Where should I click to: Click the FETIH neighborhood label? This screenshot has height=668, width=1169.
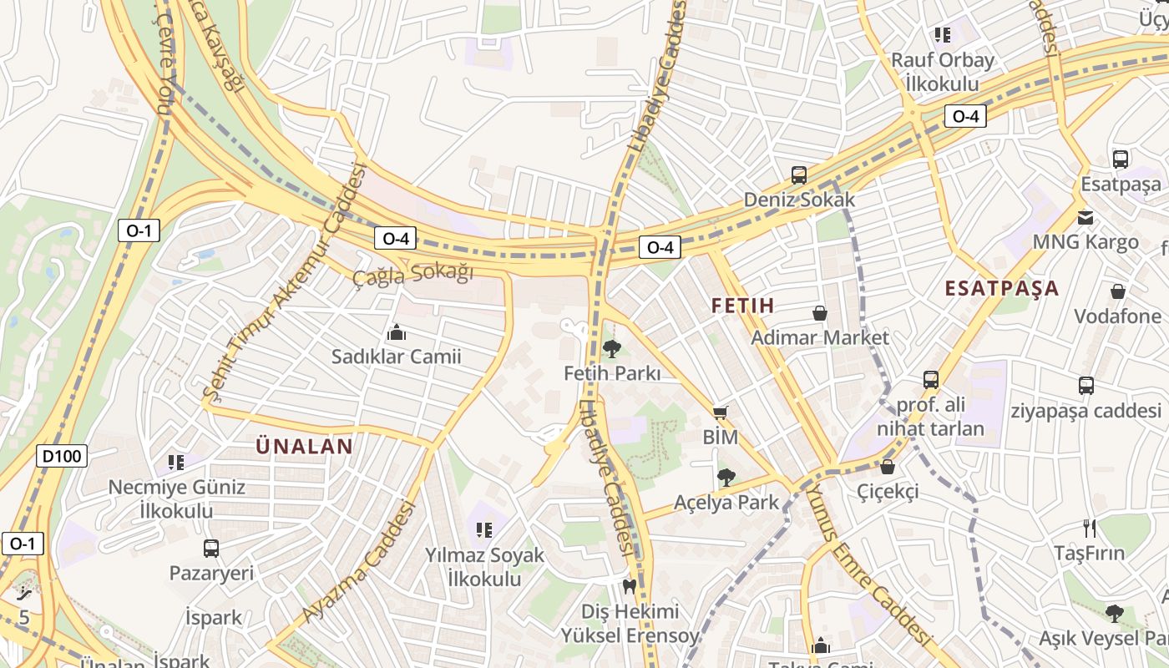742,306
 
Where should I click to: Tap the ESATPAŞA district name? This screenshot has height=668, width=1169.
1001,289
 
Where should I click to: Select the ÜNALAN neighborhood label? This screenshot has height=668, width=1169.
304,447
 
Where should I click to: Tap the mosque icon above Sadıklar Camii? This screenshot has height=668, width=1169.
396,333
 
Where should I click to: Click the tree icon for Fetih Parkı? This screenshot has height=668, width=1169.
611,349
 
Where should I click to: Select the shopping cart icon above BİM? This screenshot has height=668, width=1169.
720,412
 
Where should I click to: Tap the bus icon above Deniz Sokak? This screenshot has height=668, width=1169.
799,175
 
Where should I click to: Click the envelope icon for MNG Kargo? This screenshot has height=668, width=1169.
1085,218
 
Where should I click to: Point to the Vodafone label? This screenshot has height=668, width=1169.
1117,316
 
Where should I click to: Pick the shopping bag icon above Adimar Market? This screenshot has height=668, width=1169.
820,313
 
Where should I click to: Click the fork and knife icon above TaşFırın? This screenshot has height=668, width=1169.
1089,528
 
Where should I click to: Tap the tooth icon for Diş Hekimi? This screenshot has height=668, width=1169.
630,587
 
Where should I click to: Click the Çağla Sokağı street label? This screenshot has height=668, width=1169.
412,274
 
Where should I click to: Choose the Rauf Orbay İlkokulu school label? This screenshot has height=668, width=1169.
942,72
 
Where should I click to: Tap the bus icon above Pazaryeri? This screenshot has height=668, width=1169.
211,549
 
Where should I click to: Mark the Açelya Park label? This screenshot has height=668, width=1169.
726,503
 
